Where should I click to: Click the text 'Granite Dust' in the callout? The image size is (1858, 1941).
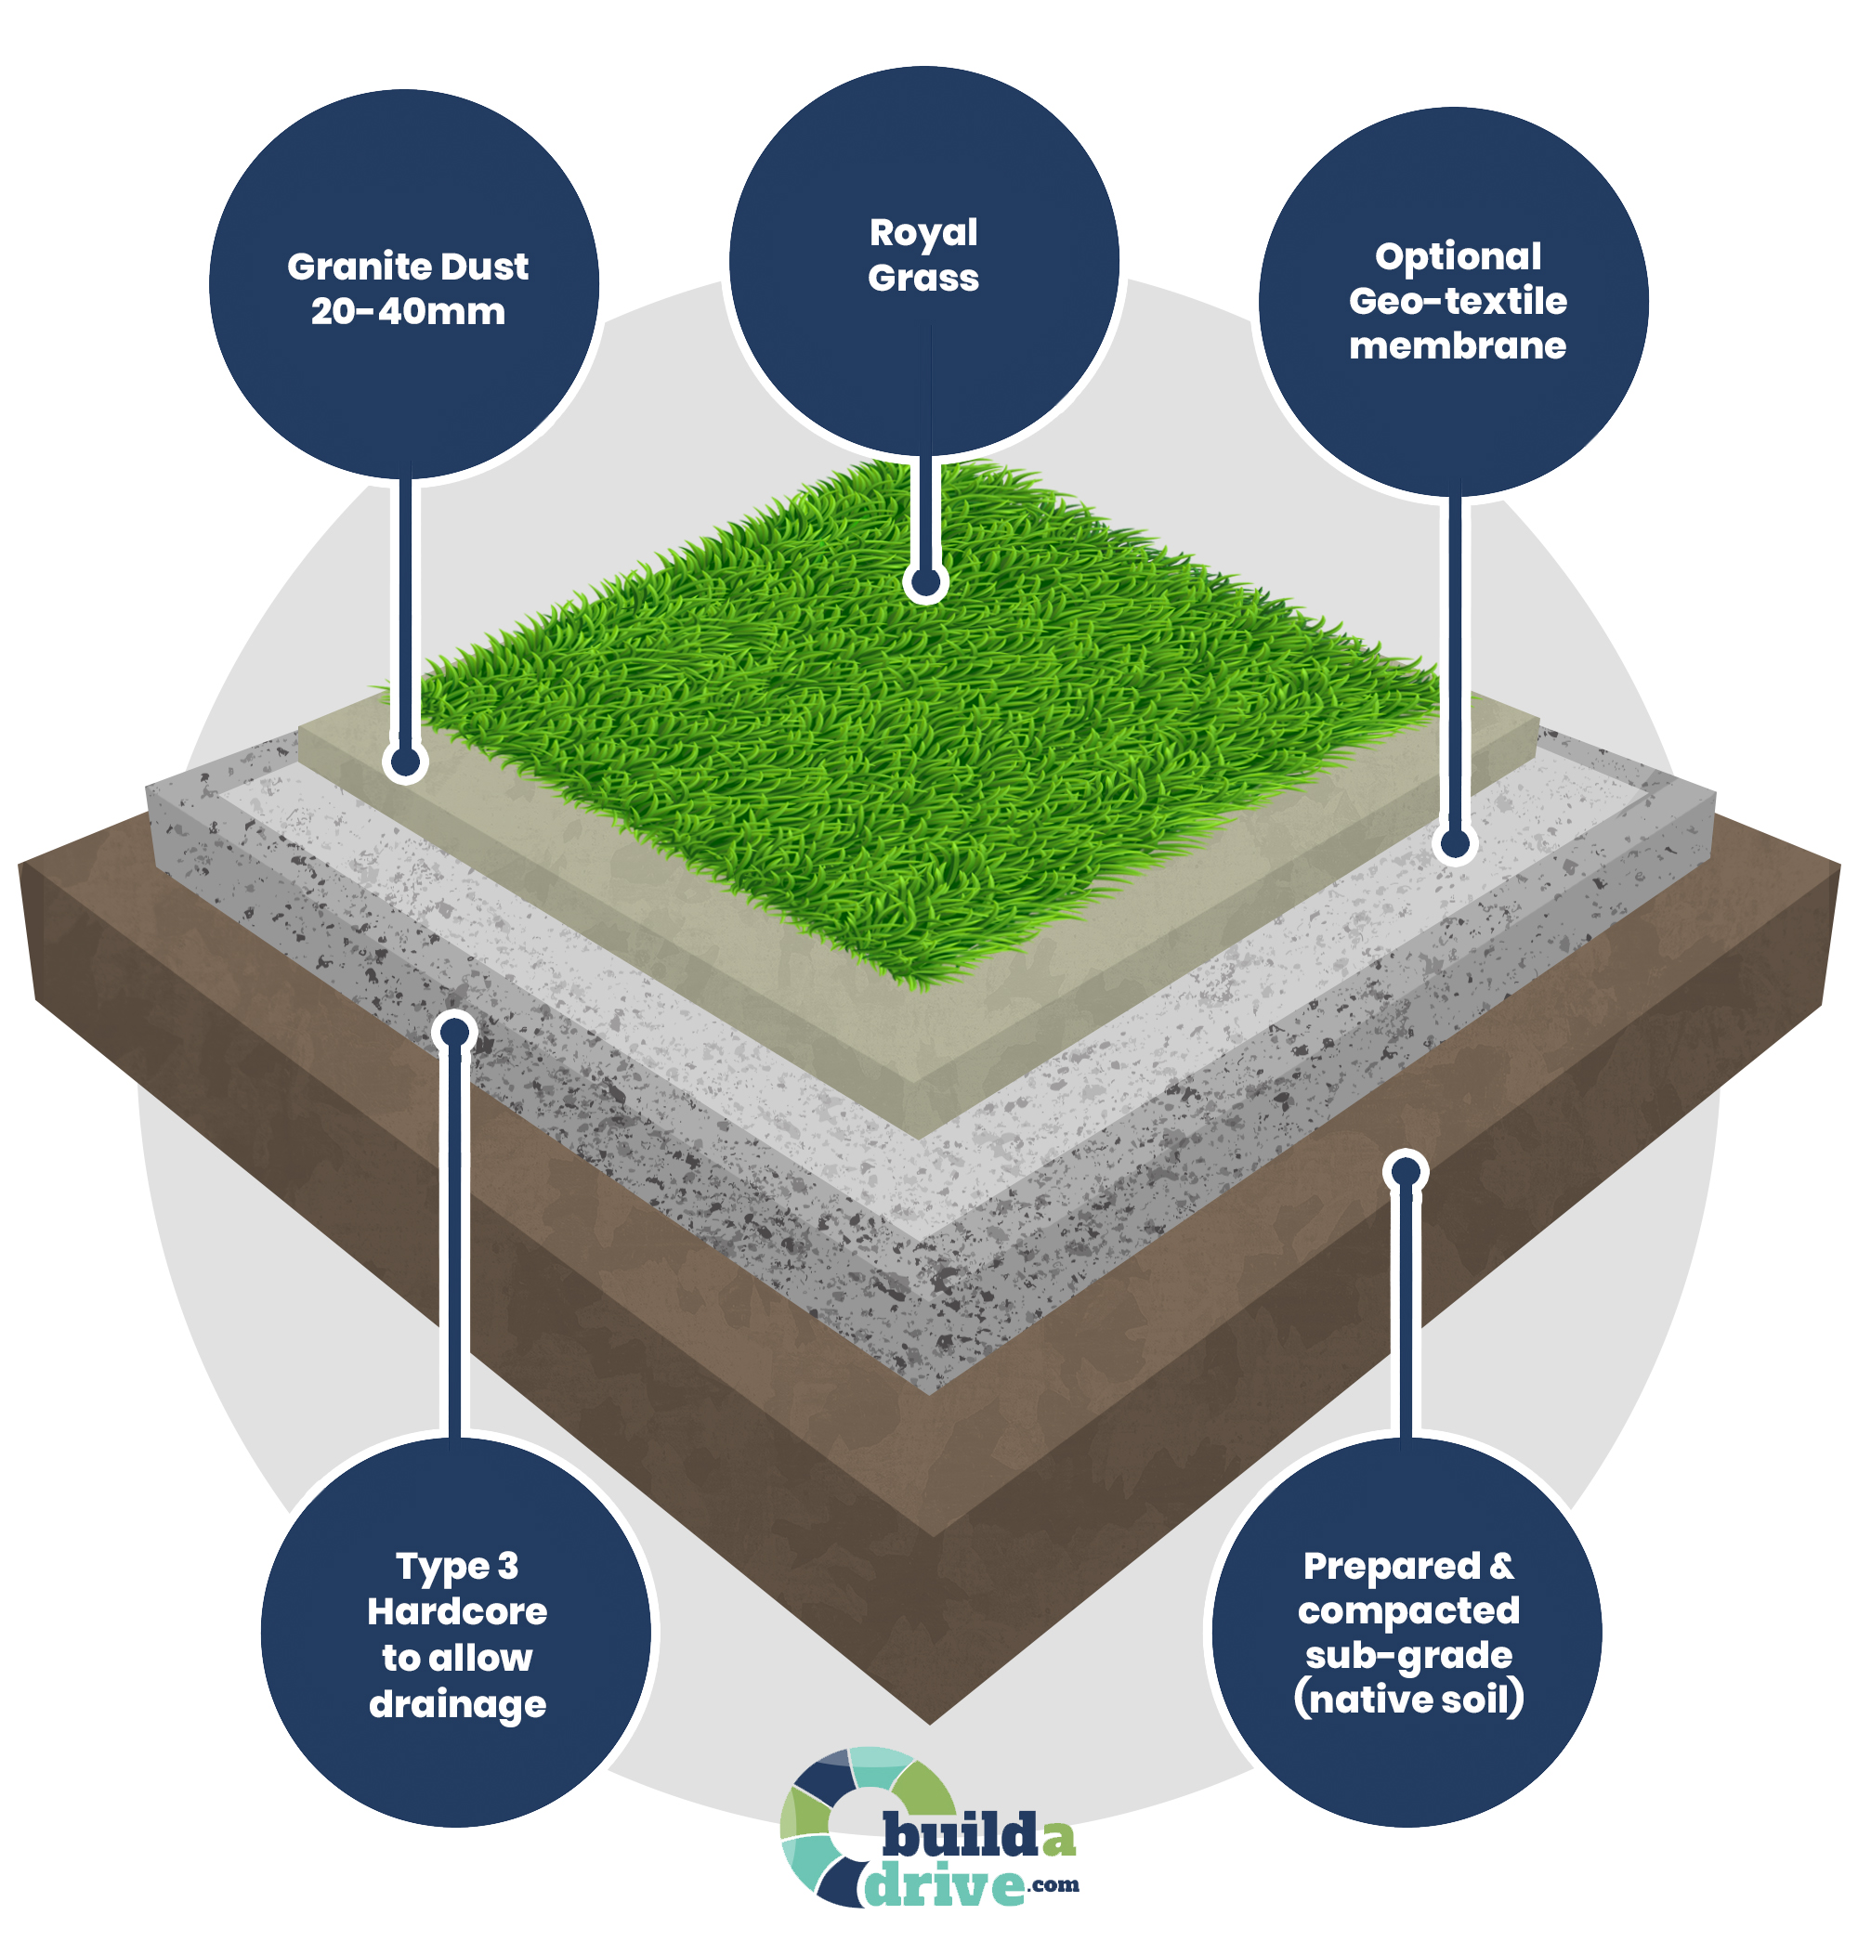pyautogui.click(x=407, y=267)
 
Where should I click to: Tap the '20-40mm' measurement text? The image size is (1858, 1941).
pyautogui.click(x=407, y=312)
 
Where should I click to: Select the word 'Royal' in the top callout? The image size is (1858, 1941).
pyautogui.click(x=923, y=233)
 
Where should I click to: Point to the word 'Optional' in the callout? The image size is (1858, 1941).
pyautogui.click(x=1457, y=256)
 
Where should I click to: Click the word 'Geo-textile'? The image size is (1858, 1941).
pyautogui.click(x=1457, y=301)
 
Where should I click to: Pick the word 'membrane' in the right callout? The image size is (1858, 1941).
pyautogui.click(x=1457, y=345)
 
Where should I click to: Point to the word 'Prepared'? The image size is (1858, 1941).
pyautogui.click(x=1391, y=1566)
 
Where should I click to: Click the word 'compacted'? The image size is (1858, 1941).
pyautogui.click(x=1408, y=1610)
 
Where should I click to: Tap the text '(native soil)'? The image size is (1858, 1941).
pyautogui.click(x=1408, y=1700)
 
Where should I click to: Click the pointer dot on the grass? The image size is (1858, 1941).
pyautogui.click(x=925, y=582)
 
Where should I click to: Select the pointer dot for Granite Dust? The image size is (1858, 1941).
pyautogui.click(x=405, y=762)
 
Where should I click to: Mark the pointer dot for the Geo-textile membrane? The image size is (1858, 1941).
pyautogui.click(x=1455, y=844)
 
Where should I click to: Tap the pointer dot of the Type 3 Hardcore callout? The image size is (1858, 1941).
pyautogui.click(x=454, y=1033)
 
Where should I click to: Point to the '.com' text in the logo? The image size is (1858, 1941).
pyautogui.click(x=1053, y=1883)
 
